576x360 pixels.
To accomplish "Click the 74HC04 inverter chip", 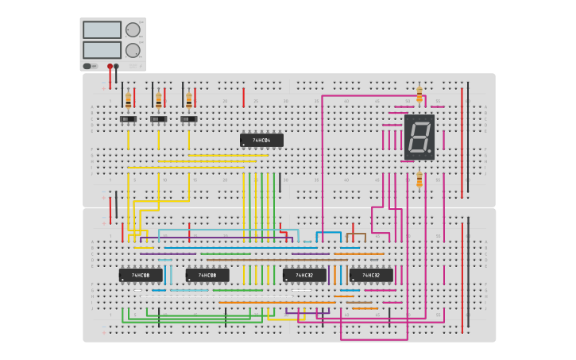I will tap(261, 141).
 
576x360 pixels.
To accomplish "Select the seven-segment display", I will tap(419, 137).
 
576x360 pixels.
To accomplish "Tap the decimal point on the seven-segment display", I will tap(430, 150).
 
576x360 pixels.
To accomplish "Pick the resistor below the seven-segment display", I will tap(419, 180).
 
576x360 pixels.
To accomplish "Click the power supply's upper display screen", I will tap(102, 30).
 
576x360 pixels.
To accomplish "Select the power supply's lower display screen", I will tap(102, 49).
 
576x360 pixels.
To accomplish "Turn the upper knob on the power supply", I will tap(133, 30).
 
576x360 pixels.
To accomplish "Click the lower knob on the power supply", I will tap(133, 49).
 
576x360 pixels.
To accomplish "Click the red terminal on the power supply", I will tap(110, 67).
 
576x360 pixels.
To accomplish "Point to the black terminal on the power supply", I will tap(117, 67).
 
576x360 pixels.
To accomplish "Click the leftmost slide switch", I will tap(128, 119).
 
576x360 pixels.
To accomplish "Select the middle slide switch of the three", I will tap(158, 119).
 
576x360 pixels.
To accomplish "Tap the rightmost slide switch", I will tap(188, 119).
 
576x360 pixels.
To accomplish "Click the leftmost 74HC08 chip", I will tap(141, 275).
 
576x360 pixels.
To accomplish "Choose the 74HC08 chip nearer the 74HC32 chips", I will tap(207, 275).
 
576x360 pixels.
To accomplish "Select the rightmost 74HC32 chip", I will tap(371, 275).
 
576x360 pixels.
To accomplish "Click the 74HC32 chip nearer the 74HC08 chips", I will tap(304, 275).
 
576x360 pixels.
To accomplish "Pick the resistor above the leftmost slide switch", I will tap(128, 100).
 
